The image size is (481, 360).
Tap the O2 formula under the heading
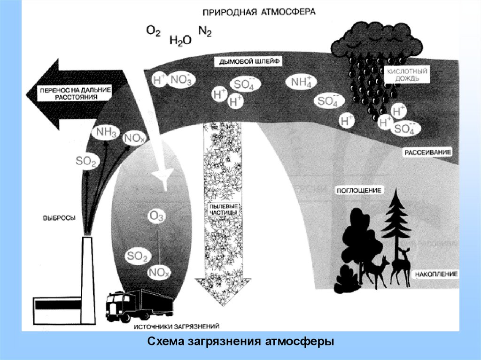point(153,31)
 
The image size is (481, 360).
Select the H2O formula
point(180,41)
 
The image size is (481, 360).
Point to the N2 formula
point(205,31)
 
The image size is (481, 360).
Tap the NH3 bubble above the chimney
point(106,132)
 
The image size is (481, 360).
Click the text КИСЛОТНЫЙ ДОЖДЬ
point(400,75)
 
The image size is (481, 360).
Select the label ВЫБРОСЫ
point(59,217)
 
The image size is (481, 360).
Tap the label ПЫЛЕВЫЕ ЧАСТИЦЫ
point(223,209)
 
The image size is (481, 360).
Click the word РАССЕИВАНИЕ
point(427,153)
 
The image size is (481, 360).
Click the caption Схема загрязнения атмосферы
point(240,341)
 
